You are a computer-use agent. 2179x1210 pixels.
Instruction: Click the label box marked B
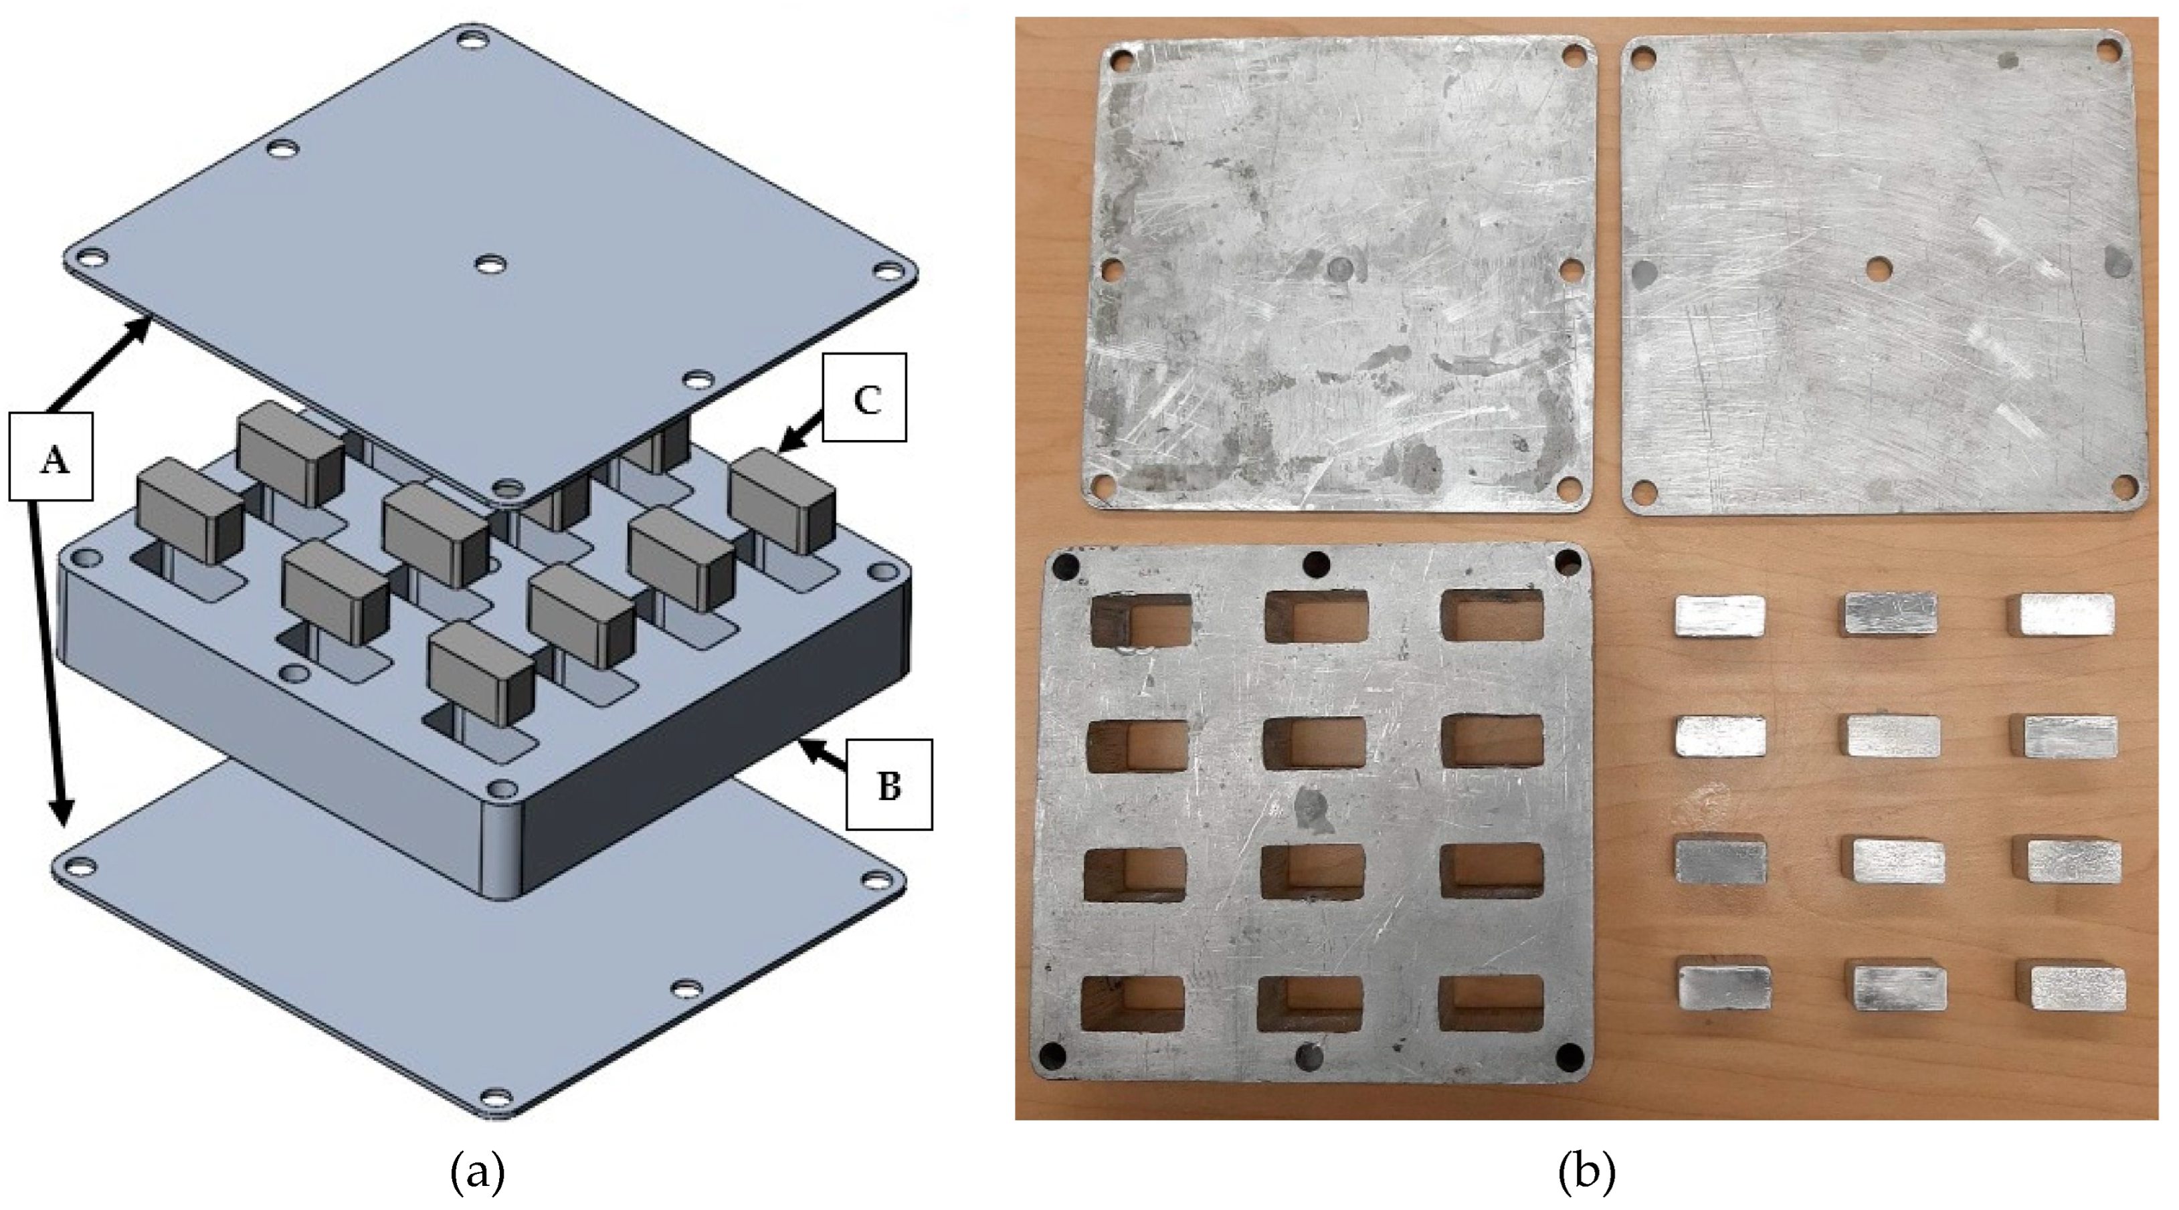point(889,785)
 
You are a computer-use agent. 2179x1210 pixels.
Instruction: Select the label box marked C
point(864,397)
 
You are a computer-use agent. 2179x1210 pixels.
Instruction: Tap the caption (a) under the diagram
point(478,1173)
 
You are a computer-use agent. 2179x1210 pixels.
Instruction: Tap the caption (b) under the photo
point(1586,1173)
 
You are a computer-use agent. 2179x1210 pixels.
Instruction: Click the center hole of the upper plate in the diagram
point(490,266)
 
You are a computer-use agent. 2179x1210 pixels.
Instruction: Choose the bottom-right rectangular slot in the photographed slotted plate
point(1491,1004)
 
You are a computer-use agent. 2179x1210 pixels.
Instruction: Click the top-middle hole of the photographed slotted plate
point(1316,563)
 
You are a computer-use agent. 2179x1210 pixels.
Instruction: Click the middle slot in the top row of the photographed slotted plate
point(1316,617)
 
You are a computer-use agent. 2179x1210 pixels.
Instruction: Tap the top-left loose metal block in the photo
point(1719,615)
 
